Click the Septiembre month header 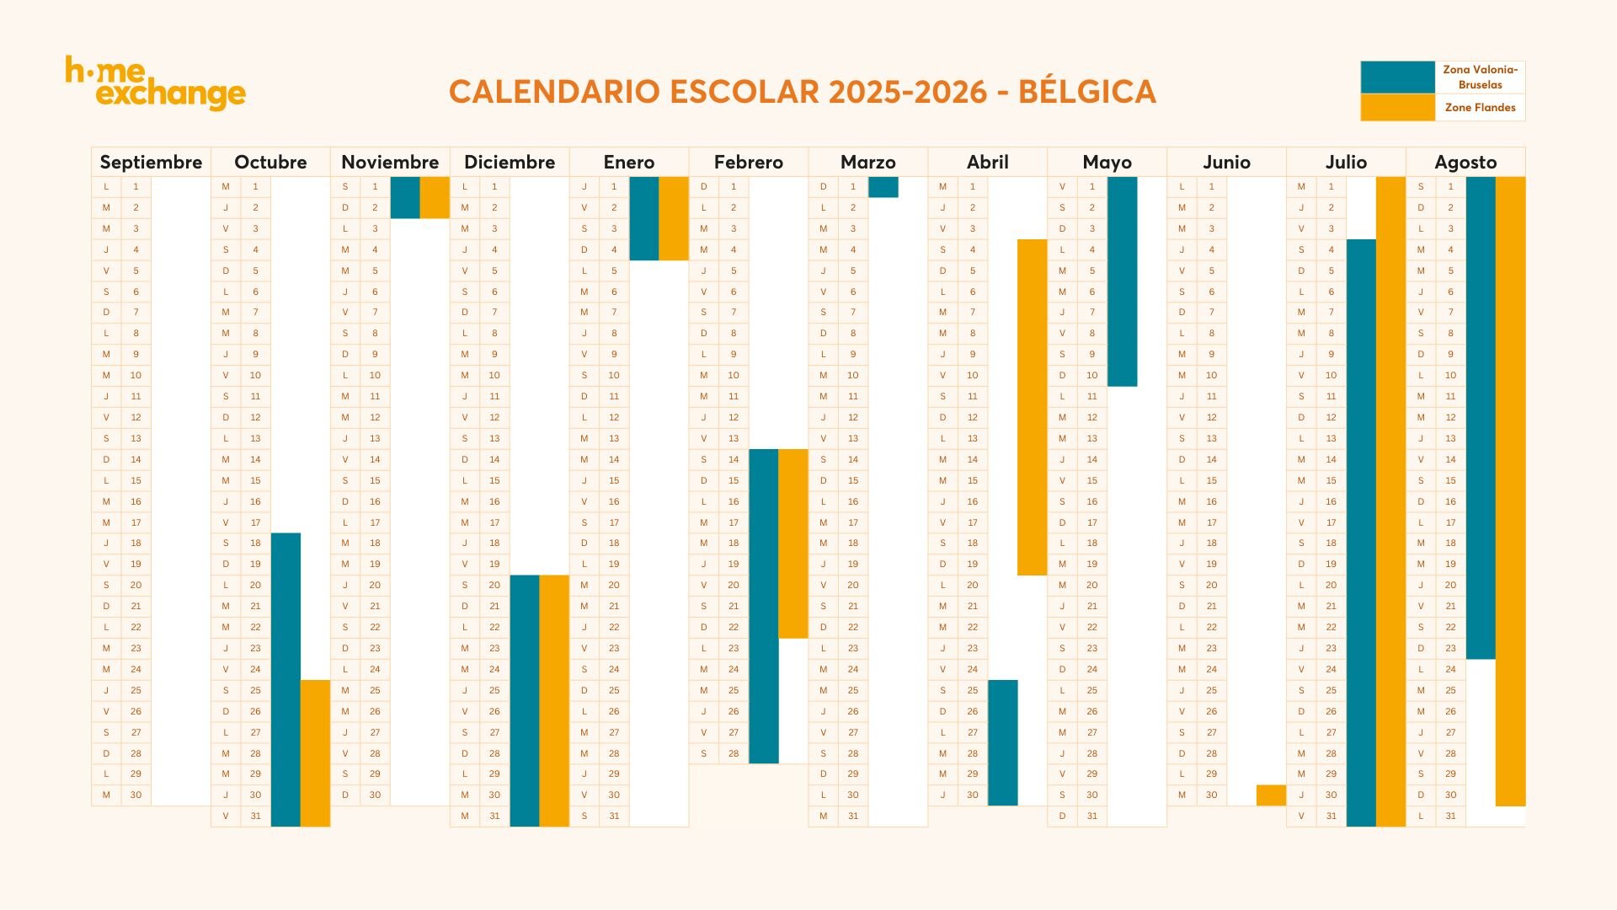pos(151,162)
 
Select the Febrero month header pos(748,162)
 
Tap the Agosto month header pos(1465,162)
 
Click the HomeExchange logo pos(156,83)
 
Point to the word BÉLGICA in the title pos(1086,91)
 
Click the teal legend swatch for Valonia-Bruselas pos(1397,77)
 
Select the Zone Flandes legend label pos(1480,107)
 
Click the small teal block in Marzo pos(883,186)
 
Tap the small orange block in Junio pos(1271,795)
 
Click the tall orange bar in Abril pos(1032,407)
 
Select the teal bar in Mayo pos(1122,281)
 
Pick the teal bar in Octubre pos(286,679)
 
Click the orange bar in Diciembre pos(554,700)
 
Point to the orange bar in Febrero pos(792,543)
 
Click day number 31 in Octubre pos(255,816)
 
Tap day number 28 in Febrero pos(734,753)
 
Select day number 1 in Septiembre pos(136,186)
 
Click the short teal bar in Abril pos(1002,742)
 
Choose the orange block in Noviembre pos(435,197)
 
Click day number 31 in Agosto pos(1450,816)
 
